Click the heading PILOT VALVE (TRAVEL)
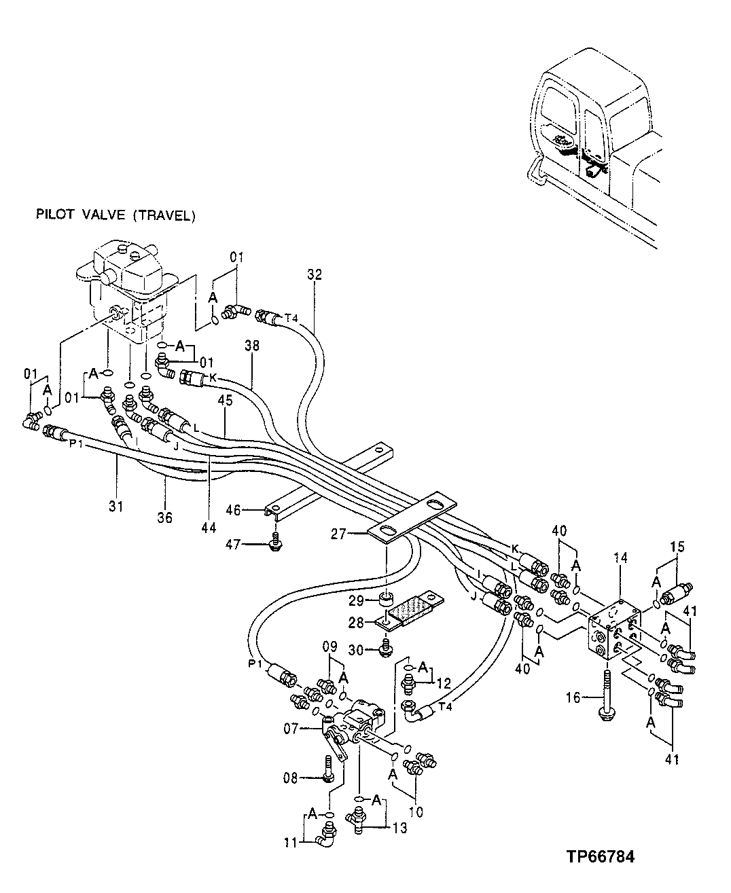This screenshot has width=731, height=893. click(115, 215)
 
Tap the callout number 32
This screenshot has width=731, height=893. click(314, 275)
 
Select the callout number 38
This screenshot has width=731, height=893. click(252, 345)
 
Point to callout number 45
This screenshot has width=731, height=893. click(225, 401)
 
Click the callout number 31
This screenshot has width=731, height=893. click(115, 506)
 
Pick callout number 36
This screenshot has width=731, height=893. click(165, 518)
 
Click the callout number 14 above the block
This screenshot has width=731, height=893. click(620, 558)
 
